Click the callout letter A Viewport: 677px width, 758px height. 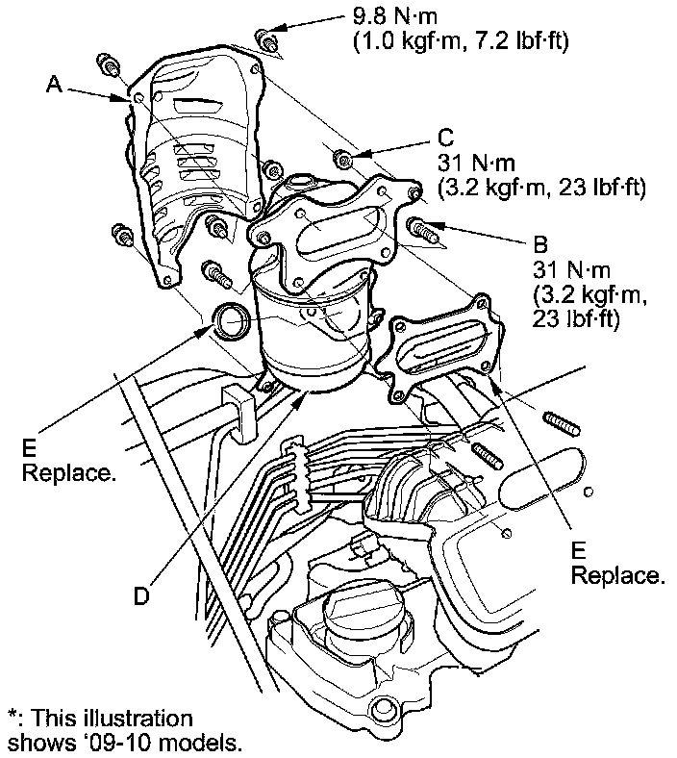pos(55,86)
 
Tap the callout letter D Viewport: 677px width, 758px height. pos(141,596)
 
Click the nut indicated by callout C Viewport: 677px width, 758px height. pos(341,157)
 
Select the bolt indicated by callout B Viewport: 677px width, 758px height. pos(421,229)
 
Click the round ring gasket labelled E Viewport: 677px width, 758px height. pos(232,321)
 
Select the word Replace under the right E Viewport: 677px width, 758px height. pos(617,576)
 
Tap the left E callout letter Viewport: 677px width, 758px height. pos(30,449)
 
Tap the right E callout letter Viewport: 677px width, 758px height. pos(579,549)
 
